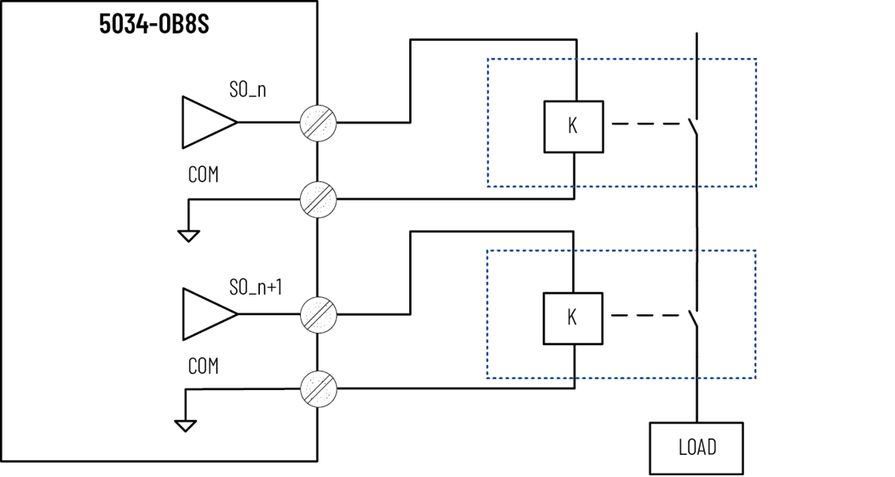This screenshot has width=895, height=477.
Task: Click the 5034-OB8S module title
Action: pyautogui.click(x=154, y=25)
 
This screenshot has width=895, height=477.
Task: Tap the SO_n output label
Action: pyautogui.click(x=247, y=89)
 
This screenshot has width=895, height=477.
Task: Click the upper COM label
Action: pyautogui.click(x=203, y=175)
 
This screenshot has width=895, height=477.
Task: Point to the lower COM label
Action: pyautogui.click(x=203, y=366)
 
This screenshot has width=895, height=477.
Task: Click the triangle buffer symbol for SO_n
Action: pyautogui.click(x=207, y=122)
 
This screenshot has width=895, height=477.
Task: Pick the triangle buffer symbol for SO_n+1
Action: pyautogui.click(x=207, y=314)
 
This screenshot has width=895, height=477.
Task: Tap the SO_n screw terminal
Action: pyautogui.click(x=319, y=123)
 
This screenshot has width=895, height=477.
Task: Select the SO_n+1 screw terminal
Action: pyautogui.click(x=319, y=314)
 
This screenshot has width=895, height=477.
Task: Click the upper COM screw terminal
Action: pyautogui.click(x=319, y=199)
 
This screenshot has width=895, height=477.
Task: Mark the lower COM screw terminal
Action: pyautogui.click(x=319, y=389)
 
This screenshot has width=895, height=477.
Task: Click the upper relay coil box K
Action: pyautogui.click(x=573, y=126)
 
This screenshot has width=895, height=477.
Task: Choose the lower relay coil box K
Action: pyautogui.click(x=573, y=318)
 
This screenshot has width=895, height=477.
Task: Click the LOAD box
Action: pyautogui.click(x=696, y=447)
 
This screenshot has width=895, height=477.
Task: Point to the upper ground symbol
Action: pyautogui.click(x=188, y=235)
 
